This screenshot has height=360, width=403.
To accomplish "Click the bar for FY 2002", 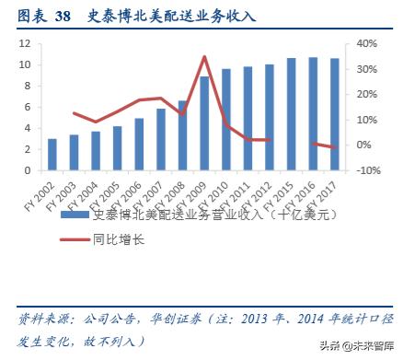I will coord(52,155).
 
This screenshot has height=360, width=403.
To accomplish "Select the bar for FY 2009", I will coord(203,123).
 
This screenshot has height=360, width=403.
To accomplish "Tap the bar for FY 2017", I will coord(333,114).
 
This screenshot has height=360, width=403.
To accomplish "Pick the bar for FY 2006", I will coord(139,145).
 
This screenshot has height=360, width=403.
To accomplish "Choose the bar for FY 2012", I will coord(269,117).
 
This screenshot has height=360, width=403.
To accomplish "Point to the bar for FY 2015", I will coord(290,114).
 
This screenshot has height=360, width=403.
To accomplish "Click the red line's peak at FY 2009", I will coord(203,57).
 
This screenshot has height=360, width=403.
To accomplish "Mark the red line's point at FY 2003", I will coord(74,113).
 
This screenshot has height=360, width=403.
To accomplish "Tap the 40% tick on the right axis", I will coord(366,44).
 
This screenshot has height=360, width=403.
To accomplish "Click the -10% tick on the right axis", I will coord(367,171).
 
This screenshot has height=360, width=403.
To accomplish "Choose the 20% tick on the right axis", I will coord(366,95).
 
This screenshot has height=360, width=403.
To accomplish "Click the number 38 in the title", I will coord(63,17).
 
